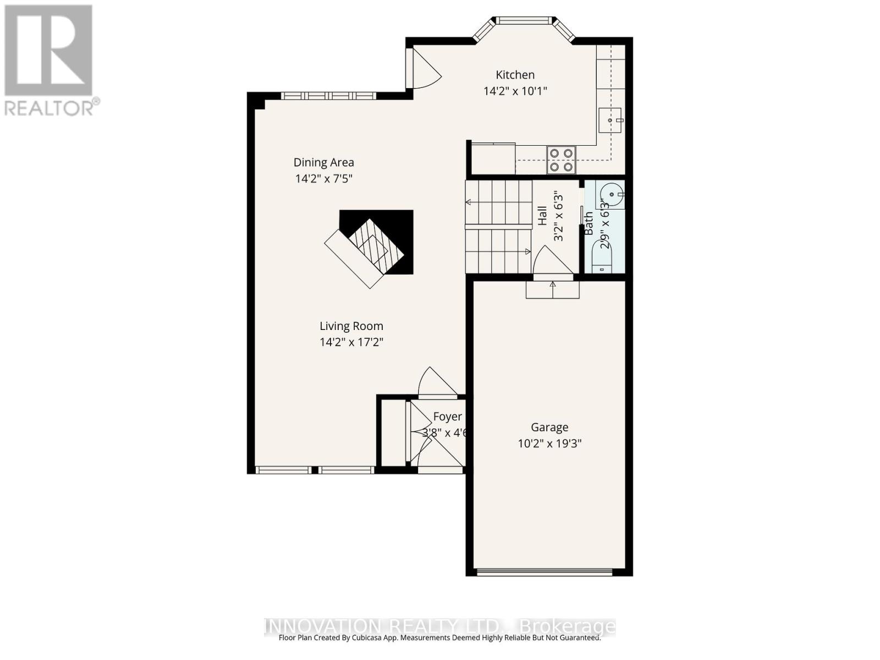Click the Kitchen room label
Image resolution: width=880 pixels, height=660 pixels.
(515, 75)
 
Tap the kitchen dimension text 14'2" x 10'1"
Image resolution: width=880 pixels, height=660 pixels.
(515, 91)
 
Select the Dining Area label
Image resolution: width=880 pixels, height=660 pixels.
(323, 162)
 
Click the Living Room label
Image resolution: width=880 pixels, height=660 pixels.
(351, 326)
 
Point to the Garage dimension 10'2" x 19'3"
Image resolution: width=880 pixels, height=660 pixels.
(549, 443)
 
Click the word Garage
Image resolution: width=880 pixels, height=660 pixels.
(549, 427)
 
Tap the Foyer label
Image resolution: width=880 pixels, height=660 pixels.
(447, 417)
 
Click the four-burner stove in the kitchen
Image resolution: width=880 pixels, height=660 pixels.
(561, 159)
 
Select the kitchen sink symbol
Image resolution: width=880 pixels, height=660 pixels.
(609, 120)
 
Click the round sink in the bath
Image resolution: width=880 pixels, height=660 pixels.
(612, 194)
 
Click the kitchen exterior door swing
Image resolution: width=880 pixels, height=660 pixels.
(424, 69)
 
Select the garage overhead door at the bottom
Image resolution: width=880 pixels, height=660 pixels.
(544, 573)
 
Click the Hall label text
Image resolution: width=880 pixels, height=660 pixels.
(542, 216)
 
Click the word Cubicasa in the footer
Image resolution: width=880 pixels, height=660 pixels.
(367, 638)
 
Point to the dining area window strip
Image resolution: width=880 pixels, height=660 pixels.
(328, 96)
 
